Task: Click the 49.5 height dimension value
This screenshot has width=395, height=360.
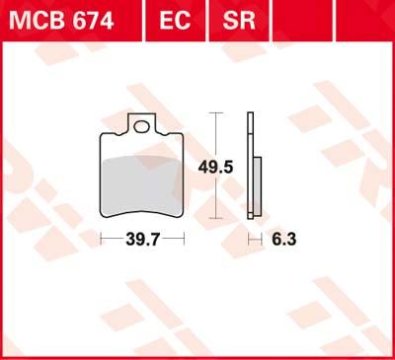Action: [220, 168]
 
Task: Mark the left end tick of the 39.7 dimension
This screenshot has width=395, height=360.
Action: [104, 239]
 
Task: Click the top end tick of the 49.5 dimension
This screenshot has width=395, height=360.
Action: [214, 113]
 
